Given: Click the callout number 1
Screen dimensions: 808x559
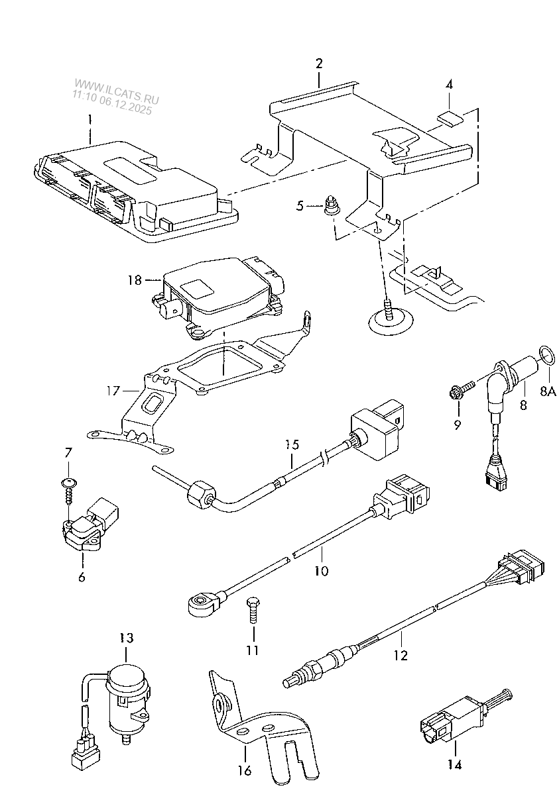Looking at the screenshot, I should point(91,121).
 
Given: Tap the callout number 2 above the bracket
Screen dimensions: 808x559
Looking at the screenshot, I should point(319,64).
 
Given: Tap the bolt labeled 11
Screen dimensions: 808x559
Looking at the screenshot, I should point(252,609).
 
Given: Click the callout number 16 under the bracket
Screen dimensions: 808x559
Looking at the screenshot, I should point(244,770).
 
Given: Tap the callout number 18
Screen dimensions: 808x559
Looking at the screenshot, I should point(135,280).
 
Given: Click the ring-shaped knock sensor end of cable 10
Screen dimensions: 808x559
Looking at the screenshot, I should point(201,602).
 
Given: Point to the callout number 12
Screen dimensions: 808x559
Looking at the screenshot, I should point(400,655).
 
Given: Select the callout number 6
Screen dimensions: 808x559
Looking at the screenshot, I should point(82,577).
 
